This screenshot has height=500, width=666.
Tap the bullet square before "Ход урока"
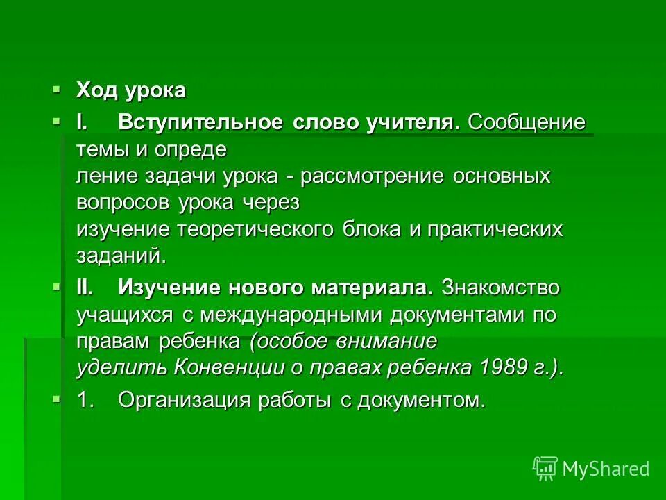pyautogui.click(x=57, y=89)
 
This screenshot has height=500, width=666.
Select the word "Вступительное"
pyautogui.click(x=200, y=123)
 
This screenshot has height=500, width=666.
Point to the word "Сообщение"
pyautogui.click(x=527, y=123)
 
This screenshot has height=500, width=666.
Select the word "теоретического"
pyautogui.click(x=259, y=230)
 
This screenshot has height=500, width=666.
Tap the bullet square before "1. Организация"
pyautogui.click(x=57, y=399)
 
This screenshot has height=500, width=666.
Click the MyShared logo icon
pyautogui.click(x=545, y=468)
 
